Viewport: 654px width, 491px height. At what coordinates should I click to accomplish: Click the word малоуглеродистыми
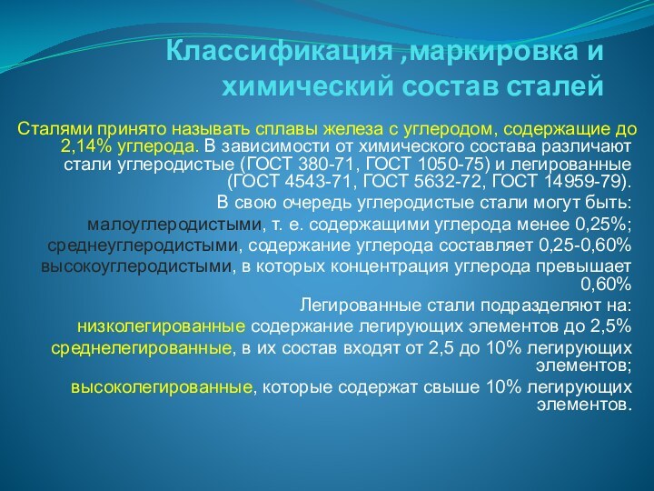(x=173, y=224)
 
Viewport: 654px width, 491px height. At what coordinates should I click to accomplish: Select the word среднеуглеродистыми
(x=143, y=245)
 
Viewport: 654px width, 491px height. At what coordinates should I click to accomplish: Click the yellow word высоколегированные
(x=162, y=387)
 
